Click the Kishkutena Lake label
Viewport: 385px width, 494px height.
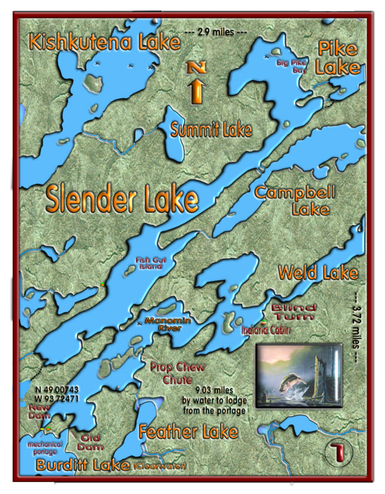click(105, 42)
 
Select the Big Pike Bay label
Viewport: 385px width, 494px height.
click(292, 66)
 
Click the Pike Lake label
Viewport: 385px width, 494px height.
click(338, 58)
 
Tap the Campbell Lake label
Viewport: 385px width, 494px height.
click(295, 201)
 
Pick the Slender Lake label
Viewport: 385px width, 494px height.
click(122, 199)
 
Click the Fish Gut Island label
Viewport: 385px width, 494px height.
click(150, 263)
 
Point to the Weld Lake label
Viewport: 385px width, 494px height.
click(318, 273)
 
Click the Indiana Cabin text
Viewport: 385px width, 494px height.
click(266, 330)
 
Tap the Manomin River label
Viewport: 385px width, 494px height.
click(168, 324)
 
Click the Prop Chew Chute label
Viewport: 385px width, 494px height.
click(177, 373)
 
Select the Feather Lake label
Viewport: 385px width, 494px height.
click(188, 432)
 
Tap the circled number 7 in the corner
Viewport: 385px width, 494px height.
click(339, 452)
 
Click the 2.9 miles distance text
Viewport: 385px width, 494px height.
click(216, 32)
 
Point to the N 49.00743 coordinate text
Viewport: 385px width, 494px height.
click(57, 390)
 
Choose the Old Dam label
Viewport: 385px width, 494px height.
click(90, 442)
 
